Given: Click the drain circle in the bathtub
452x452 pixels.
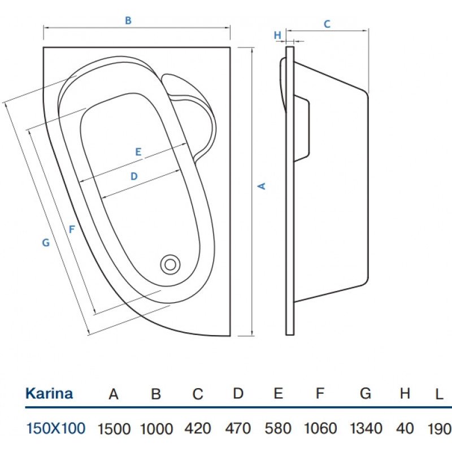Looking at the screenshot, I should click(170, 263).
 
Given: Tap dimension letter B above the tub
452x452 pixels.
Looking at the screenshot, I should click(128, 20).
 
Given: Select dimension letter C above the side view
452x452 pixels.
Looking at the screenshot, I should click(327, 24).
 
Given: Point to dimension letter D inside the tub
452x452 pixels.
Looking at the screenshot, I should click(134, 176).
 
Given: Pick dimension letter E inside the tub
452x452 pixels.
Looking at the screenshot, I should click(137, 151).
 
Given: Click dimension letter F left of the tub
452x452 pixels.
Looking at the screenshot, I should click(71, 229).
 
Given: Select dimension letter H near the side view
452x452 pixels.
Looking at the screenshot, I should click(277, 35).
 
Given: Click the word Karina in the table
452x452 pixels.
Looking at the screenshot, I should click(49, 394).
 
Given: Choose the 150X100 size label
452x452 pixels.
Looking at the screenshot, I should click(56, 428).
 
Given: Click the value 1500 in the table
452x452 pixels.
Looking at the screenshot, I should click(114, 428).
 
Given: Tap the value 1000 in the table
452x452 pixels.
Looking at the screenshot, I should click(156, 428).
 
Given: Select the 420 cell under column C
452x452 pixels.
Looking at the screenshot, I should click(197, 428).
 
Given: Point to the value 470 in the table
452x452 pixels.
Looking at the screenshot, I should click(238, 428).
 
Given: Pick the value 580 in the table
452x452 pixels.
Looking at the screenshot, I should click(278, 428).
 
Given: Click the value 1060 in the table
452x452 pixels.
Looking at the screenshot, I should click(320, 428).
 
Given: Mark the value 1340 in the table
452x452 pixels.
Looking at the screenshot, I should click(366, 428).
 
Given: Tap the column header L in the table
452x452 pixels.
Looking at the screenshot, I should click(440, 394).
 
